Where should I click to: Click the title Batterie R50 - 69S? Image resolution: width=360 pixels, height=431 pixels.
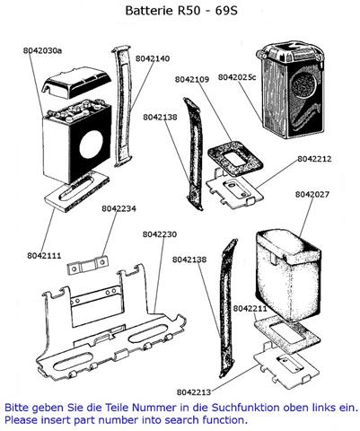181,11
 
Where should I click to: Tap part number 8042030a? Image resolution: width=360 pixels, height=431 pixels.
42,50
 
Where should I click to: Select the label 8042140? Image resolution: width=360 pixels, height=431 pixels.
153,58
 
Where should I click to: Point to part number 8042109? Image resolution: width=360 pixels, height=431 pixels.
192,80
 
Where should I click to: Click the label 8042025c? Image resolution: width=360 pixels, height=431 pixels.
237,77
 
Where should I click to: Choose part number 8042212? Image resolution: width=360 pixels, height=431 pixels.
314,159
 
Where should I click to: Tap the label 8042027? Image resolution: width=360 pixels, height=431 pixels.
312,195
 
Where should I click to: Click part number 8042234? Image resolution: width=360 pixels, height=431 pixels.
119,208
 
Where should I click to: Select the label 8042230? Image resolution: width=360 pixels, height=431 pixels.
160,234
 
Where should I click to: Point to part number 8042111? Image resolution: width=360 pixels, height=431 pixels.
44,256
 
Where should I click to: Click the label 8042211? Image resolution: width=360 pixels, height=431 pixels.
250,308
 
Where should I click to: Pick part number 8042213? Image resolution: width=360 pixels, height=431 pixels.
194,392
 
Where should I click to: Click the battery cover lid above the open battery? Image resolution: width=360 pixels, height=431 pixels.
76,83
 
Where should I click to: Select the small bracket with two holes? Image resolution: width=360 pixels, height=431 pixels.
87,265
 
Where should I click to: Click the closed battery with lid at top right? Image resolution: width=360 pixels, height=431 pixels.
291,91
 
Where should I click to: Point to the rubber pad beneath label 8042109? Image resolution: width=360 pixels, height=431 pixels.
235,158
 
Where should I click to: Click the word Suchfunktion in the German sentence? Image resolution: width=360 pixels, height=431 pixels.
246,408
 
